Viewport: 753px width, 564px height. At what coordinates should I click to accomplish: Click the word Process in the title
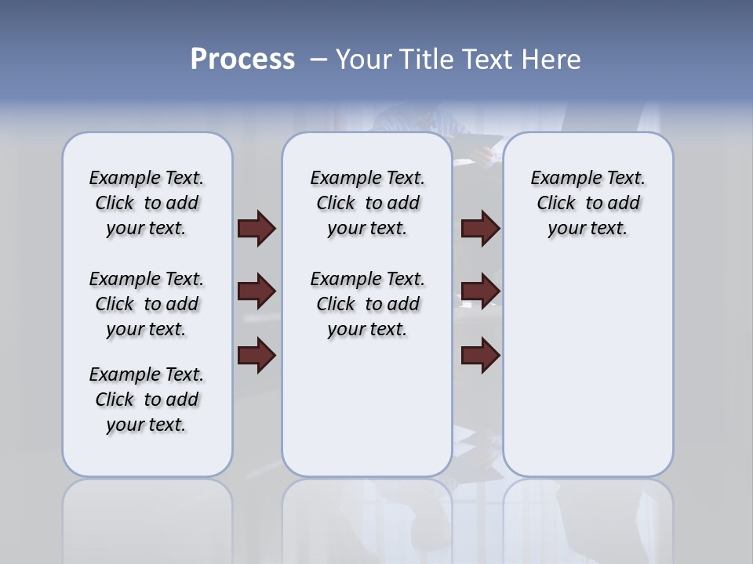pos(242,60)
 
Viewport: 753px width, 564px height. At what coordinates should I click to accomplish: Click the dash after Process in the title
pos(318,60)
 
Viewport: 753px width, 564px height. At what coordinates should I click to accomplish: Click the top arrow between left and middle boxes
pos(256,229)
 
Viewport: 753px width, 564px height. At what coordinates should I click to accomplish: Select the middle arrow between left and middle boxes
pos(256,291)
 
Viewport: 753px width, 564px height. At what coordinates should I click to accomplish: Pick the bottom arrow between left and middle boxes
pos(256,356)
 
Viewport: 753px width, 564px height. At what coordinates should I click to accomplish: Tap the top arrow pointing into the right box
pos(480,229)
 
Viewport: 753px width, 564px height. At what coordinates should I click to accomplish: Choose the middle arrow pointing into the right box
pos(480,291)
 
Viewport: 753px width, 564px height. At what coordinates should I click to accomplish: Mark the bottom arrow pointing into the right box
pos(480,356)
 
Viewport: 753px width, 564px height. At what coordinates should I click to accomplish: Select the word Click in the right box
pos(556,204)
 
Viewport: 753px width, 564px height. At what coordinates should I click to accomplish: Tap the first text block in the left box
pos(147,203)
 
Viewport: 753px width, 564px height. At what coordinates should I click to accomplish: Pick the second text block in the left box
pos(147,304)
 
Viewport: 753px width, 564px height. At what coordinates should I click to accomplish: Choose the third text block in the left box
pos(147,399)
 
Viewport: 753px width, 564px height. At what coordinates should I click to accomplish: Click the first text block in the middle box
pos(367,203)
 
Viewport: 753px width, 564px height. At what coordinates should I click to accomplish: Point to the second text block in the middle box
pos(367,304)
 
